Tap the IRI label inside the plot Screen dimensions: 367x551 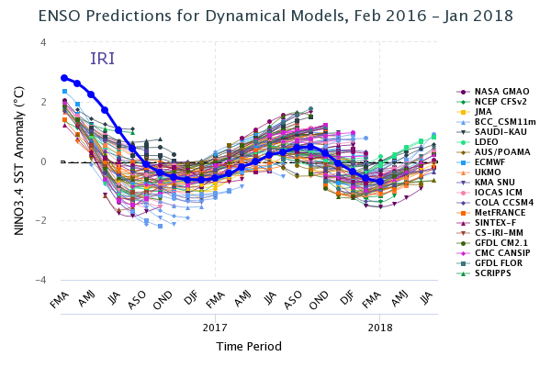click(102, 60)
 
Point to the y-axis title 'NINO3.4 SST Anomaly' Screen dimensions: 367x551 click(19, 160)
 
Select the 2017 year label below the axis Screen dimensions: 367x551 click(215, 327)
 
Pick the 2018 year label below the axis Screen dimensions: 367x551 click(380, 327)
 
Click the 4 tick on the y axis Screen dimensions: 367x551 click(42, 42)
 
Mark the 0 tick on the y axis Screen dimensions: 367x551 click(42, 161)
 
